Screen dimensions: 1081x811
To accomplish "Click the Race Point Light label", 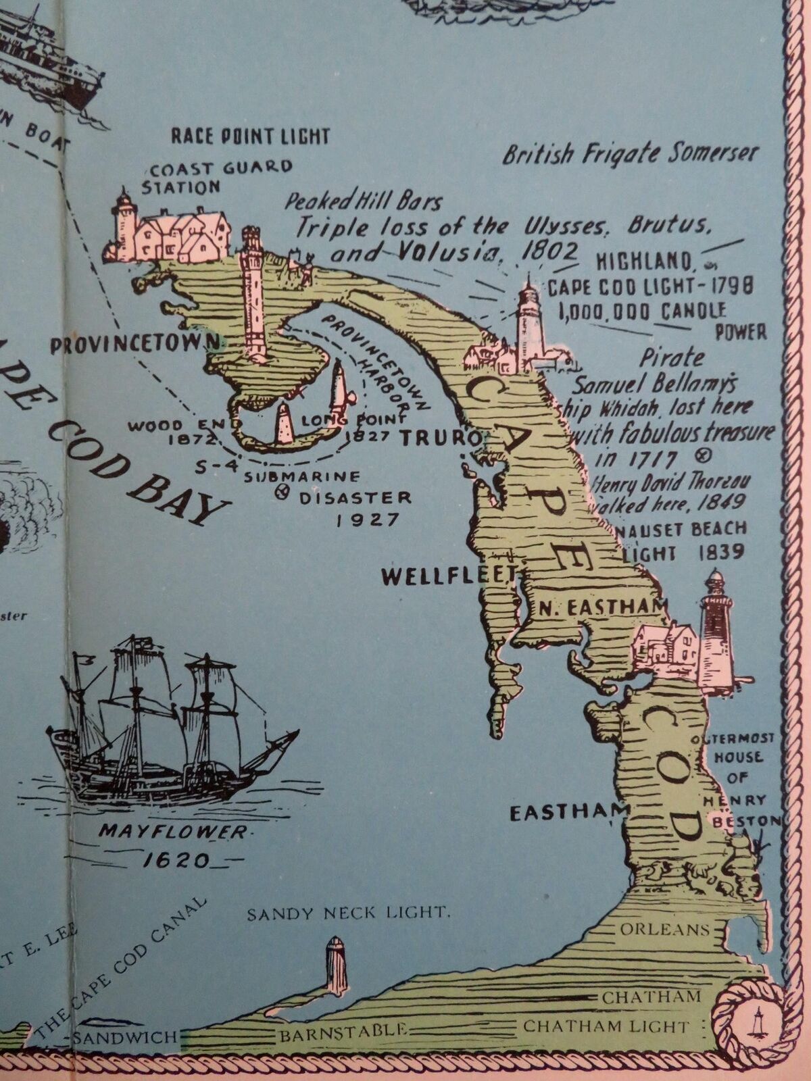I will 249,136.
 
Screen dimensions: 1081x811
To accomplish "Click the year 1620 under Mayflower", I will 176,861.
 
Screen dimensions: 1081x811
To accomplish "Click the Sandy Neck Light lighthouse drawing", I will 336,965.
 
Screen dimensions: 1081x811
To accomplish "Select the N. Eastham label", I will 595,608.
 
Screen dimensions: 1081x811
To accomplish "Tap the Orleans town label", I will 664,929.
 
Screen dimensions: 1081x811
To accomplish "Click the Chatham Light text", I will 606,1027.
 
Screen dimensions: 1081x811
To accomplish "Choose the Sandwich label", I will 124,1036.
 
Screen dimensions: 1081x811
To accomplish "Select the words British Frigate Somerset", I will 630,154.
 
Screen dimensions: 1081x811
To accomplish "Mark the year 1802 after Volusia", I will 549,251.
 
